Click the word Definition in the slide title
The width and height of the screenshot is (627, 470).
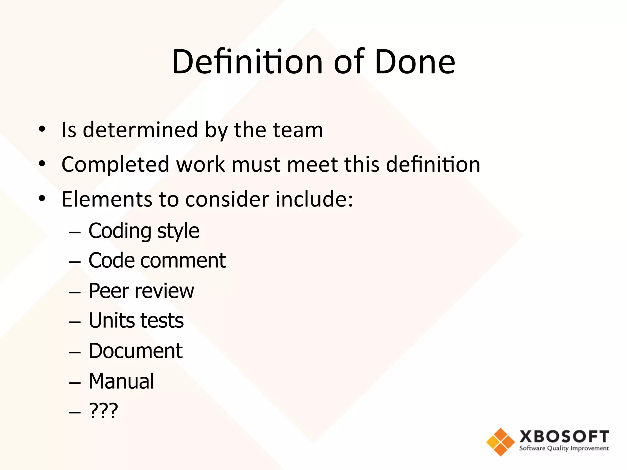(247, 62)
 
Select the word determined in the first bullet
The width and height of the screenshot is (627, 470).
(141, 130)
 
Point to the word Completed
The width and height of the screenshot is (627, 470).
(115, 165)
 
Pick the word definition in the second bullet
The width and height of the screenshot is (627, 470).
(433, 165)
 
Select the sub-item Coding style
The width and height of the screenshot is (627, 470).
(144, 231)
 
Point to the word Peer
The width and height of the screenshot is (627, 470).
(109, 291)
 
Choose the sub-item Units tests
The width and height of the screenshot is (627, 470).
(136, 321)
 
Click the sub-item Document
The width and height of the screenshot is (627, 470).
(136, 351)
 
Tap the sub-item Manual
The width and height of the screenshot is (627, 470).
(122, 381)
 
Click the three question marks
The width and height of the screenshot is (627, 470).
(103, 411)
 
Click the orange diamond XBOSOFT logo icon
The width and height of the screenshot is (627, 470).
(500, 442)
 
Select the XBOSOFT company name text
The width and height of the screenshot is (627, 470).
(564, 437)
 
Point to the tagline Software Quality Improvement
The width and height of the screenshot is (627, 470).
(564, 449)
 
